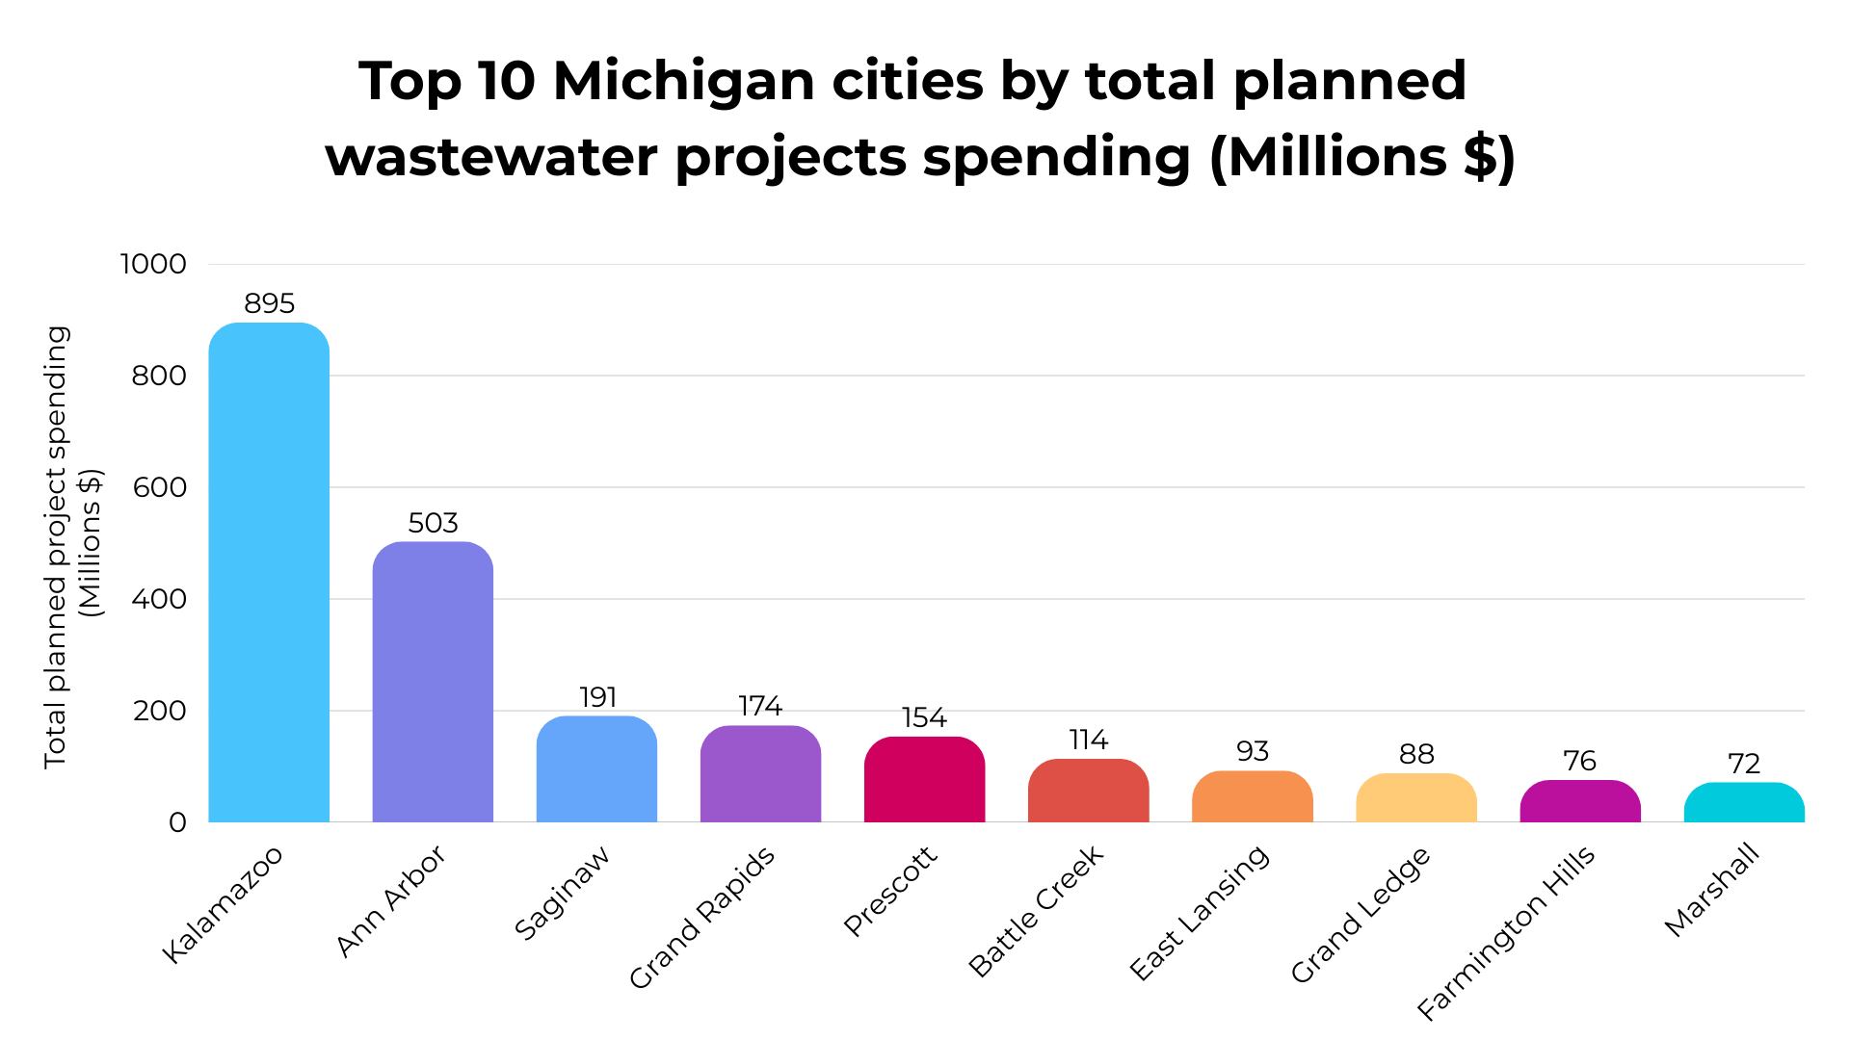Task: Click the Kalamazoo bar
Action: click(269, 573)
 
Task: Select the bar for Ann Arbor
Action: click(433, 682)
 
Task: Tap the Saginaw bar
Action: click(596, 769)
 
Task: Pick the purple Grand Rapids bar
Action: click(760, 774)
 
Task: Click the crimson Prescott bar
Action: click(924, 780)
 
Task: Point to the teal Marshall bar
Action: click(1744, 803)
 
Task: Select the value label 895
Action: click(269, 304)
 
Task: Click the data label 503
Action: click(433, 523)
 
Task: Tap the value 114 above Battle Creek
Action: click(1088, 741)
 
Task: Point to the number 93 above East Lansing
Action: click(1253, 752)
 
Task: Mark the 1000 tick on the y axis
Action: click(153, 264)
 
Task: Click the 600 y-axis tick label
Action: click(160, 487)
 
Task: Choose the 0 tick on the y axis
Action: click(177, 822)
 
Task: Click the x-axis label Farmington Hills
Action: click(1507, 932)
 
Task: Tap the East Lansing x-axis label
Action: click(1200, 913)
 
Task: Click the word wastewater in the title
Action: click(491, 157)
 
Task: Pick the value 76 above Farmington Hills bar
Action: click(1580, 762)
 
